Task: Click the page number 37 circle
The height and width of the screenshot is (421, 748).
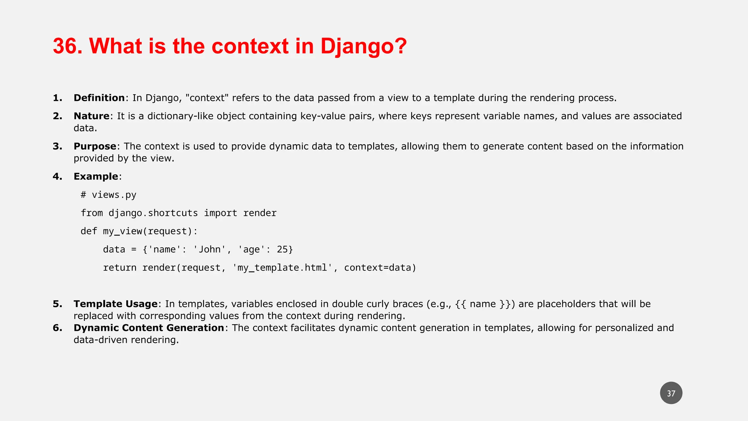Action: coord(671,393)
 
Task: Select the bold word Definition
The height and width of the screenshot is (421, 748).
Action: coord(99,98)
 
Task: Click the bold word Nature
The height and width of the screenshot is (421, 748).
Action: coord(91,116)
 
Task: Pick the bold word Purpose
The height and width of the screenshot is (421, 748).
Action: coord(95,146)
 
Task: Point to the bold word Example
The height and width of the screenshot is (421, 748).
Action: coord(96,177)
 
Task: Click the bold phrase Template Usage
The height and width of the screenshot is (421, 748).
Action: coord(115,304)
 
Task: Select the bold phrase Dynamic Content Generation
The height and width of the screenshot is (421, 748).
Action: coord(149,328)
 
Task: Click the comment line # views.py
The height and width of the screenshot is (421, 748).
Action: coord(108,195)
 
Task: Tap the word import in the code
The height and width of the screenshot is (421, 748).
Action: coord(220,213)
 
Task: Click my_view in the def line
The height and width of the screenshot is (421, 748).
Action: coord(122,231)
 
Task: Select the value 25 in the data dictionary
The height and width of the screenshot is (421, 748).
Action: coord(282,250)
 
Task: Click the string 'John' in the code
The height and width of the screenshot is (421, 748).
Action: coord(209,250)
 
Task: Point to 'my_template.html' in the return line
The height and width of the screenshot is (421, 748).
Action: coord(282,268)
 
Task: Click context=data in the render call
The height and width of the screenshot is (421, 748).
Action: coord(378,268)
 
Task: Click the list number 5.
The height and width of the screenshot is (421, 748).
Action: coord(57,304)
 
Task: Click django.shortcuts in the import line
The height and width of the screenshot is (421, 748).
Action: coord(153,213)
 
